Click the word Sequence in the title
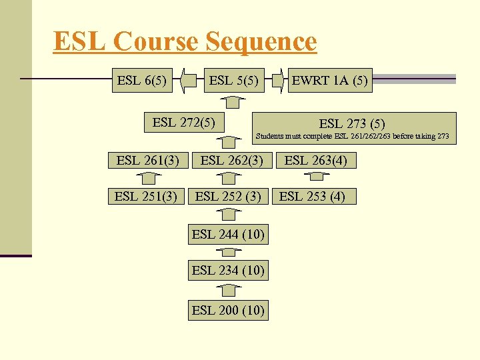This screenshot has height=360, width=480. point(261,41)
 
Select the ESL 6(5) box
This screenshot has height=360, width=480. point(141,81)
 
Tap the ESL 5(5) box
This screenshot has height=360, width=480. point(234,81)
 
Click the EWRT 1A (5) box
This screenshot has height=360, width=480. point(329,81)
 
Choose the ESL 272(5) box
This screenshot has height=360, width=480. point(183,122)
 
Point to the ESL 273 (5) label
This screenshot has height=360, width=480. point(352,123)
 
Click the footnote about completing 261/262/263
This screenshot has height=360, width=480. point(353,137)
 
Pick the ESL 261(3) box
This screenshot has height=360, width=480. point(147,160)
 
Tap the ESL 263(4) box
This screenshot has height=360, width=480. point(316,160)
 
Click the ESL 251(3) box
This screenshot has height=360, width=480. point(145,196)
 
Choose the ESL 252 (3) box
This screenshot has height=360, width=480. point(228,196)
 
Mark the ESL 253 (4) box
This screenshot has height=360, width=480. point(312,196)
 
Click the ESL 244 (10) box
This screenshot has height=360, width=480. point(228,234)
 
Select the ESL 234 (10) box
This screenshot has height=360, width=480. point(228,270)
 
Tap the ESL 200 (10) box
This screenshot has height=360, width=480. point(228,310)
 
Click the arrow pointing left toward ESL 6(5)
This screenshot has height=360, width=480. point(191,81)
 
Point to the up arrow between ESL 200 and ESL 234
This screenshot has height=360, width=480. point(229,290)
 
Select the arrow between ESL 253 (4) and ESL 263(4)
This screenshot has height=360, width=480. point(317,177)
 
